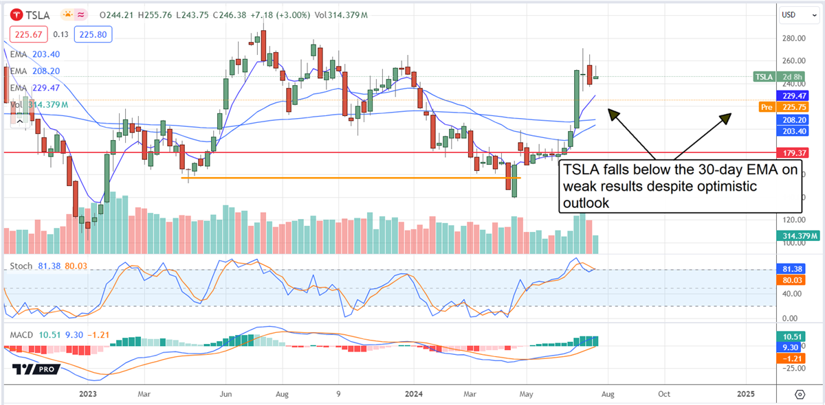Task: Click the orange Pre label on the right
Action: (x=766, y=107)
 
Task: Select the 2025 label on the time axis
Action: (x=745, y=394)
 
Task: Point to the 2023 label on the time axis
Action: (x=88, y=394)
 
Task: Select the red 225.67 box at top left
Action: (x=25, y=33)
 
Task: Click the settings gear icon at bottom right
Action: (x=800, y=394)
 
